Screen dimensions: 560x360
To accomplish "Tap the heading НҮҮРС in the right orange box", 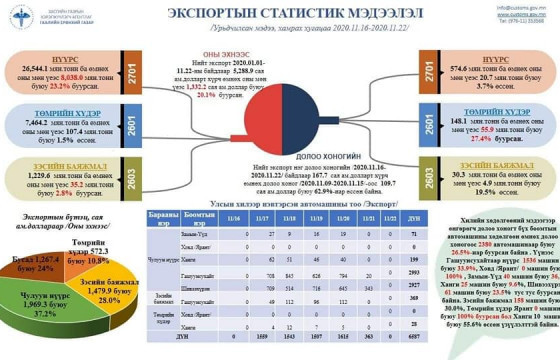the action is pyautogui.click(x=463, y=57).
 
